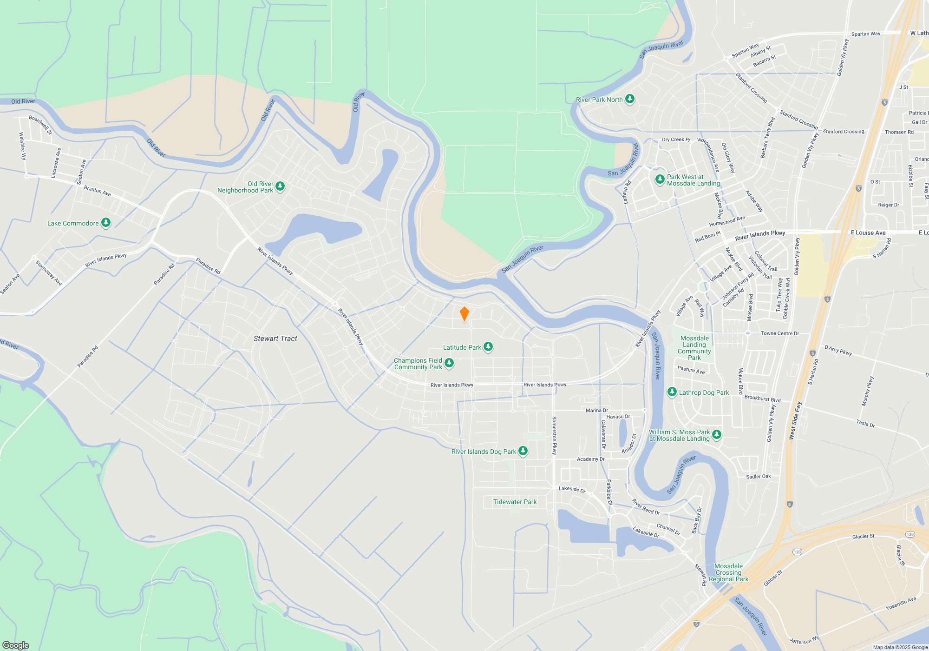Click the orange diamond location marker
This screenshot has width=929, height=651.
coord(464,314)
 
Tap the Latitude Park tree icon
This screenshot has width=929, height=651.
coord(488,347)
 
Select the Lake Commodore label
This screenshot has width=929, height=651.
coord(73,223)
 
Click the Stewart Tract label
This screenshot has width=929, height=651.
coord(275,339)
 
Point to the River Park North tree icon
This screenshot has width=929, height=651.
coord(629,99)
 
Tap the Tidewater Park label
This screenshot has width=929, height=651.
coord(515,502)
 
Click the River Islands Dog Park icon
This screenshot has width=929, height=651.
coord(523,451)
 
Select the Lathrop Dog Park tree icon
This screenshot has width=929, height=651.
coord(672,392)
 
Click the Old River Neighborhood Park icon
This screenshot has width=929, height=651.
coord(280,186)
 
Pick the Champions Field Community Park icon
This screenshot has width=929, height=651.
coord(449,363)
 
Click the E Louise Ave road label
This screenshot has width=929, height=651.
coord(868,232)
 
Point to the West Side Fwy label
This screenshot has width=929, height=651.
coord(795,420)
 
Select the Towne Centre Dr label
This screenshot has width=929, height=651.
coord(779,333)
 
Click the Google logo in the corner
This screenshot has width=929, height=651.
coord(16,645)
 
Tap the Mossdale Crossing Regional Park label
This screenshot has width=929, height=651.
coord(728,572)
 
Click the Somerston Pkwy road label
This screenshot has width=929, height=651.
coord(554,436)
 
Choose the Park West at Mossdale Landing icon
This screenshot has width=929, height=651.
coord(660,179)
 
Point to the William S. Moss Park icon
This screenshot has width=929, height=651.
coord(716,435)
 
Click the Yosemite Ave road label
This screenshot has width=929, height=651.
coord(901,603)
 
